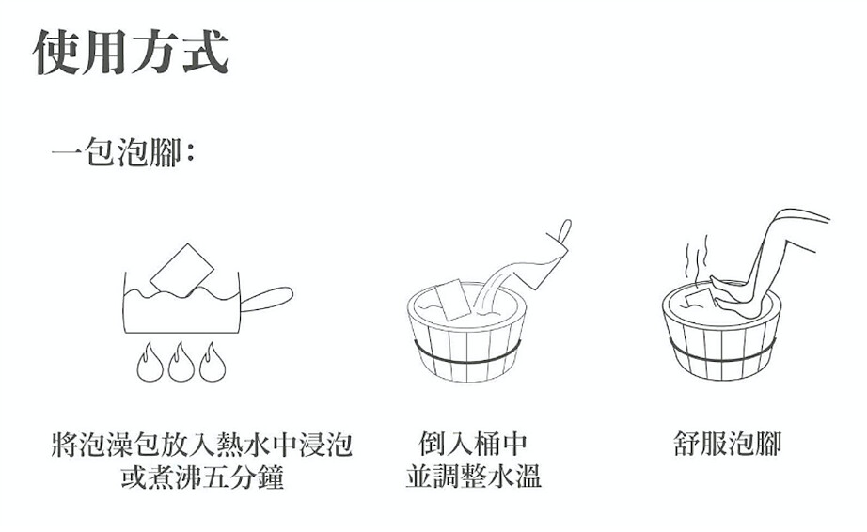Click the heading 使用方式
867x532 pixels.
coord(131,52)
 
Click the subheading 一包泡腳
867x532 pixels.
coord(118,151)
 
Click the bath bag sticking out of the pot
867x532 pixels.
coord(181,270)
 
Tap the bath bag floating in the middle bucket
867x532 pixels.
coord(453,300)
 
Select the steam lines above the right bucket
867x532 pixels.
coord(697,256)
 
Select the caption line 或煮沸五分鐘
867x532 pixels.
coord(202,477)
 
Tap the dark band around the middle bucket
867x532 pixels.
coord(467,357)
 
